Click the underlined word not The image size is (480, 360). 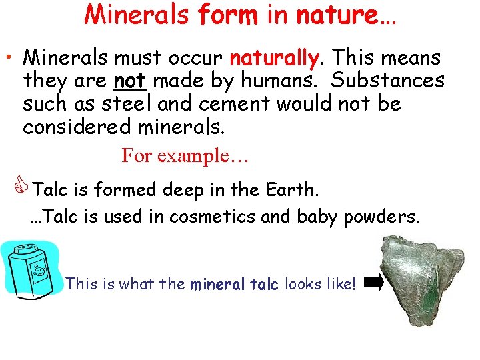point(129,81)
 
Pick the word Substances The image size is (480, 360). point(387,81)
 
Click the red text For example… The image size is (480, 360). point(185,156)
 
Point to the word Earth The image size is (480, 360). point(289,191)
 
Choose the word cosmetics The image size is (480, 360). point(211,217)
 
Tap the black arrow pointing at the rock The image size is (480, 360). point(375,285)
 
